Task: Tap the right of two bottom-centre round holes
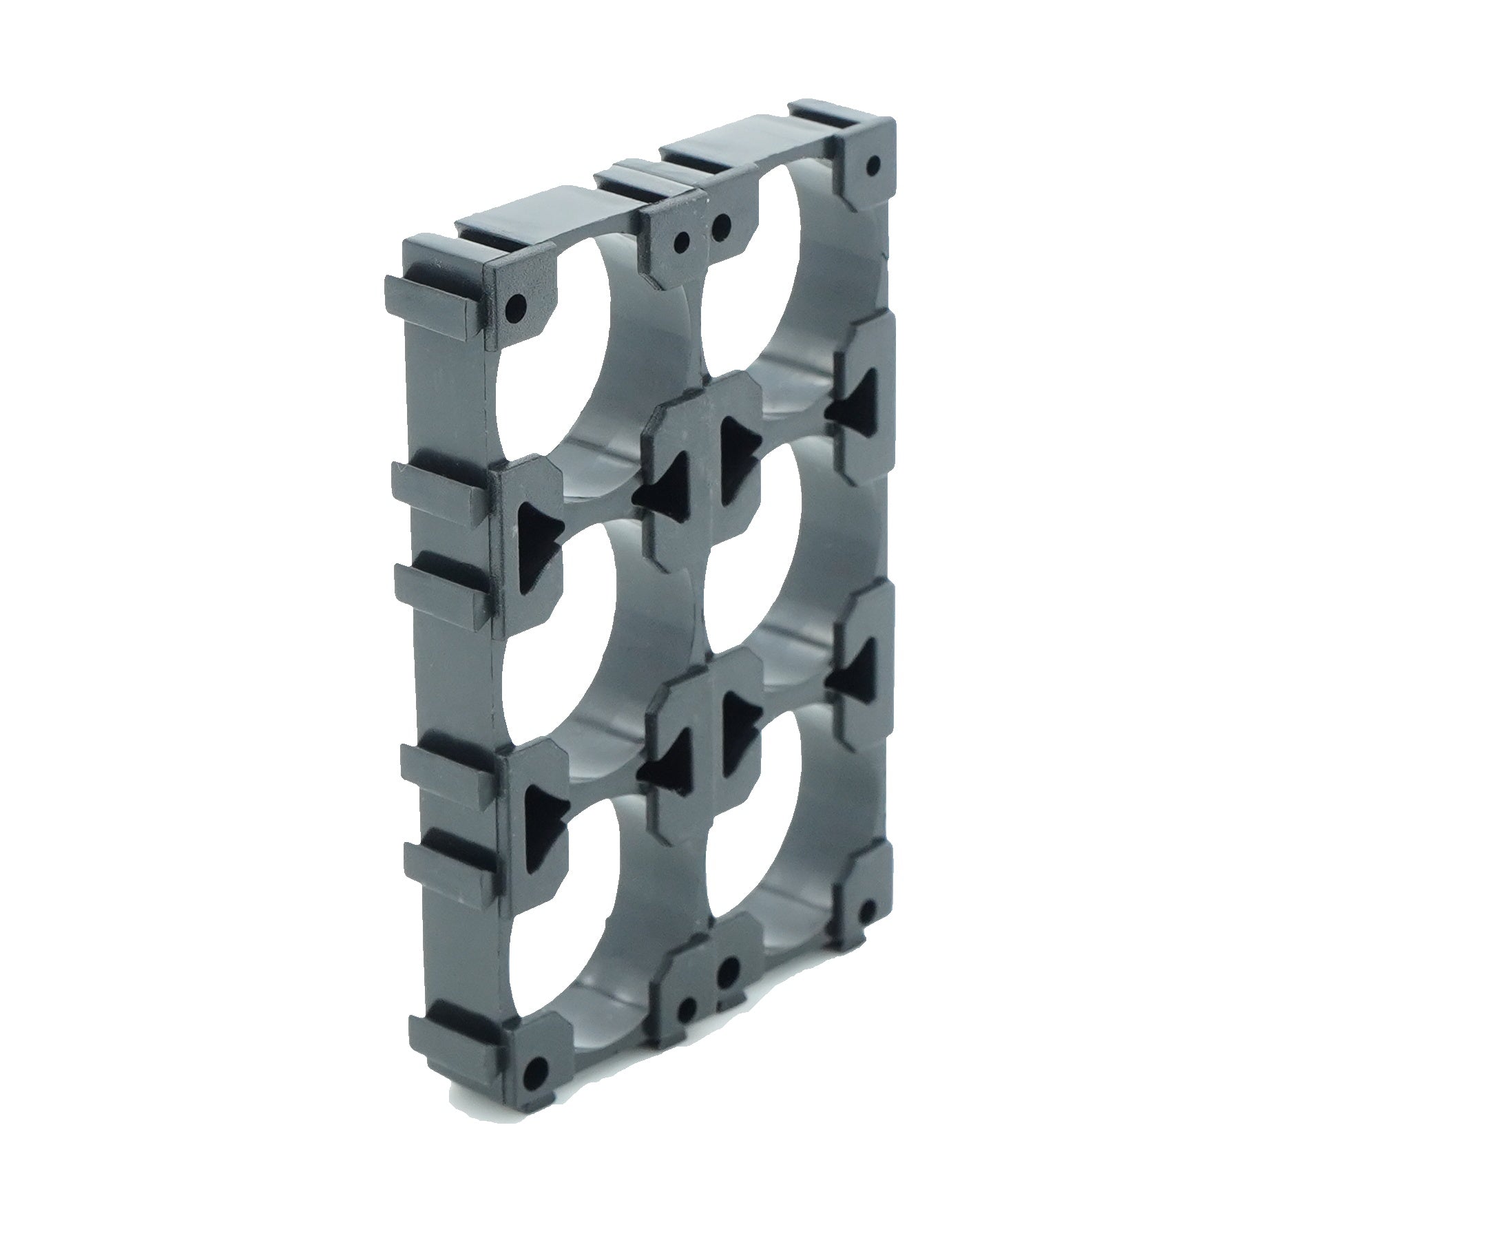point(729,970)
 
